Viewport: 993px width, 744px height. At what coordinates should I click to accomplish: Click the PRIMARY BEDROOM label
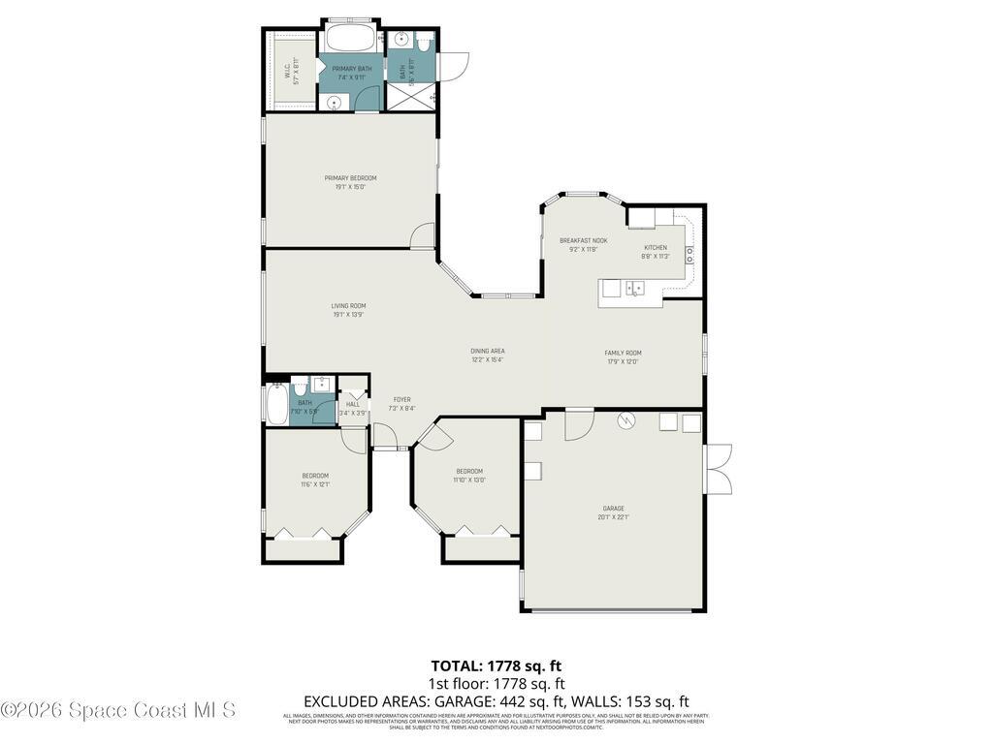click(x=350, y=178)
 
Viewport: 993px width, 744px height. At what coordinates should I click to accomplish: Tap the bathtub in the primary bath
click(x=352, y=40)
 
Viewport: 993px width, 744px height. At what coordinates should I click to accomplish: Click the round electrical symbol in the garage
click(x=626, y=420)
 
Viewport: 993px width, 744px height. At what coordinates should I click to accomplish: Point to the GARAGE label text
click(x=613, y=509)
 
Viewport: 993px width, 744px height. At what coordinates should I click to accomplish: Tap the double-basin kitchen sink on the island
click(x=636, y=288)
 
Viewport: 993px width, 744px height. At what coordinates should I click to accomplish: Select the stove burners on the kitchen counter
click(x=689, y=255)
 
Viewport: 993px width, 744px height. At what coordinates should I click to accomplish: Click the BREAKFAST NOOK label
click(x=583, y=240)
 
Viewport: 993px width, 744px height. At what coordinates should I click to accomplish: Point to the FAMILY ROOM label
click(x=623, y=353)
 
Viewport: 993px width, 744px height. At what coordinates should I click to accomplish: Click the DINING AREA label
click(x=488, y=351)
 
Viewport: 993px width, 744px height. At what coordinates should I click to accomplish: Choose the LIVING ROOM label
click(x=348, y=306)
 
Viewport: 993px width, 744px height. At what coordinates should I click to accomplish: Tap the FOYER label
click(x=401, y=399)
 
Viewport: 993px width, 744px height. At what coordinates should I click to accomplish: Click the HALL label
click(x=353, y=405)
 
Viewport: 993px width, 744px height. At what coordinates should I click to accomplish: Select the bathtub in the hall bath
click(x=276, y=406)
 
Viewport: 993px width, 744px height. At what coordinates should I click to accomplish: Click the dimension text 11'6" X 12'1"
click(x=315, y=484)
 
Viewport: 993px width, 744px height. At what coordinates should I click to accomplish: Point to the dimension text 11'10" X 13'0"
click(x=469, y=480)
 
